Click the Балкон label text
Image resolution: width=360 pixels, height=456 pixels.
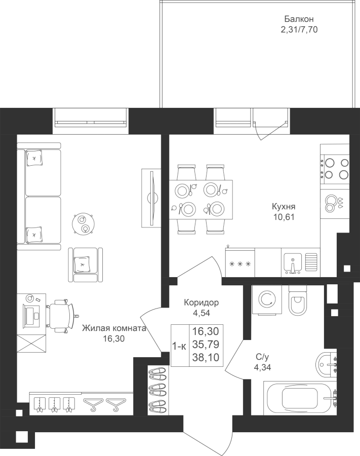299,19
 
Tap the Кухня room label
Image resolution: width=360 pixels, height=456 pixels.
284,207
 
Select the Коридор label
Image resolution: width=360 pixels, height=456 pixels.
201,303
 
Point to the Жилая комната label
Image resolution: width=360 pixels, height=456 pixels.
113,328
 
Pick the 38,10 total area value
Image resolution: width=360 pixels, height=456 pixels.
206,357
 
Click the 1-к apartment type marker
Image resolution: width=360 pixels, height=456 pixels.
179,346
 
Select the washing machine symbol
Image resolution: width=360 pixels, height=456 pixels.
267,299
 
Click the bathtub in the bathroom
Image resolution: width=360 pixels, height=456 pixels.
300,398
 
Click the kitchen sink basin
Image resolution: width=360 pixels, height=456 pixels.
293,263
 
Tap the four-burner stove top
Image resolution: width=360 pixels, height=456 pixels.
335,168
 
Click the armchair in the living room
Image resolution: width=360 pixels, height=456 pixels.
86,264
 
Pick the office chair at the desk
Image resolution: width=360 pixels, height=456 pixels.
61,315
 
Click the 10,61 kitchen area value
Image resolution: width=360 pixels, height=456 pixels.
284,217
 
